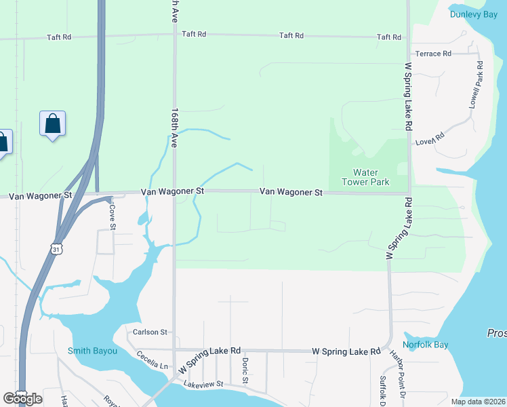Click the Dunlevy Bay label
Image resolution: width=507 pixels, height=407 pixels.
point(472,14)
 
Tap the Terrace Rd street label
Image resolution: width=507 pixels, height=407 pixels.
point(433,54)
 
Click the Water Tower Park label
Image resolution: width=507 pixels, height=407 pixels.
point(370,178)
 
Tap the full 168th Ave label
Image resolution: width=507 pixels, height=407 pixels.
point(174,128)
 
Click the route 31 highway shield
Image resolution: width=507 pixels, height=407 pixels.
point(57,250)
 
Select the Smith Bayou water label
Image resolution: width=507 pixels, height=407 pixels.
point(93,351)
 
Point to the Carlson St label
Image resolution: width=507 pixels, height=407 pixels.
point(150,332)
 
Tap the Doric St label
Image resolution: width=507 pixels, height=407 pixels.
point(245,370)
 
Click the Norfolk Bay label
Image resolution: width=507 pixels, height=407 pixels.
point(431,345)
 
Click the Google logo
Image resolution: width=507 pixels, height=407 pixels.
point(22,399)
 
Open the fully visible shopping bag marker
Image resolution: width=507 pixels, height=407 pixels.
point(52,125)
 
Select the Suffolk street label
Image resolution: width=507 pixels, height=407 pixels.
point(383,388)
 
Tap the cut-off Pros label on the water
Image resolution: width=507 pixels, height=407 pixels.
point(496,334)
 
